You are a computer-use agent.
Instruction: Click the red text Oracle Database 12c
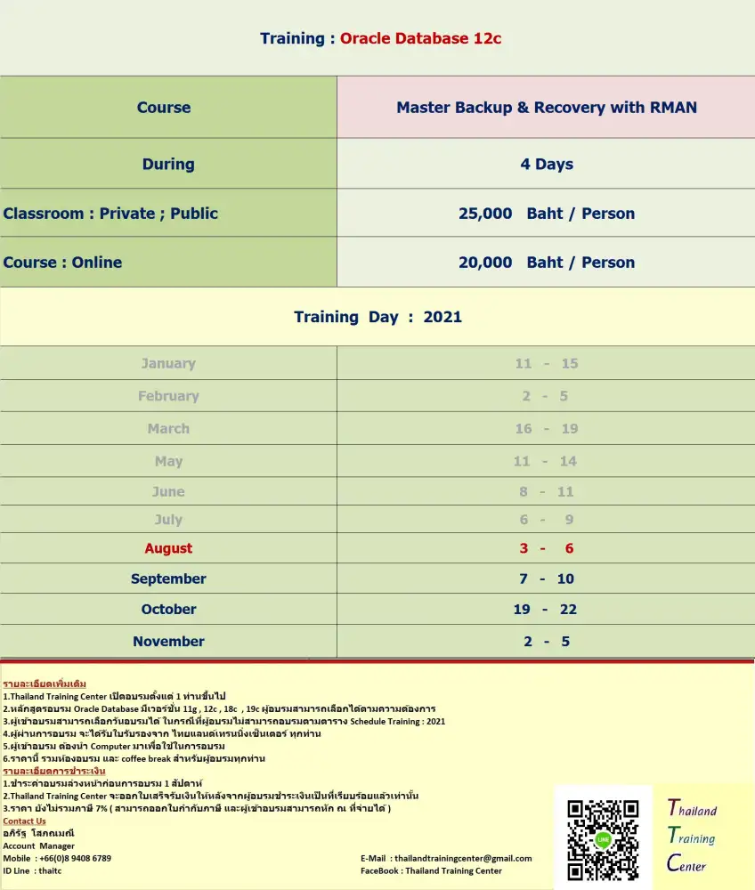[x=420, y=38]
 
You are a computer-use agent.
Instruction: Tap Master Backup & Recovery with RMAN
[x=547, y=107]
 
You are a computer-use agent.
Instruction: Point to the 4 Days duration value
[x=547, y=164]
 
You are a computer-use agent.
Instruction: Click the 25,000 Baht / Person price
[x=547, y=214]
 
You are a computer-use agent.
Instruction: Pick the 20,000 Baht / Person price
[x=547, y=263]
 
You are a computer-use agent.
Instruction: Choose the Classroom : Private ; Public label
[x=110, y=214]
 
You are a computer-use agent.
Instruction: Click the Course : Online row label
[x=62, y=263]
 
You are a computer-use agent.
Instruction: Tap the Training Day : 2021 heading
[x=377, y=317]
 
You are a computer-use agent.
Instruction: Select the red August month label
[x=168, y=548]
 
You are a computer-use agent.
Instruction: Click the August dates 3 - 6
[x=546, y=548]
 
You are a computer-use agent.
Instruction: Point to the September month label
[x=168, y=578]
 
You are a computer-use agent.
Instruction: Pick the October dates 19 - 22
[x=546, y=610]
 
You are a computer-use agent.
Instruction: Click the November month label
[x=168, y=642]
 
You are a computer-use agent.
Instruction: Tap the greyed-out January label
[x=168, y=363]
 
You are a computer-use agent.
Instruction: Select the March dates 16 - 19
[x=546, y=429]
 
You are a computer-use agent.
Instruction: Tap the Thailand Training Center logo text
[x=692, y=836]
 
